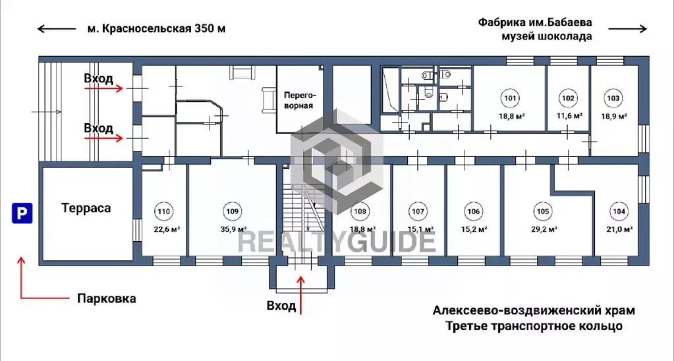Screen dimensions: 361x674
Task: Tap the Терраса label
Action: [86, 208]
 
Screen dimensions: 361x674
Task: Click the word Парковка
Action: [106, 298]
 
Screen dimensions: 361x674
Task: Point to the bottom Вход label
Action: [281, 306]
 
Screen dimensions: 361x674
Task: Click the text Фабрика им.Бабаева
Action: [535, 21]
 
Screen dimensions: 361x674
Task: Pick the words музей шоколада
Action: [546, 36]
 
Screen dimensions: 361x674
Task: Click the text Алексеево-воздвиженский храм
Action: [534, 310]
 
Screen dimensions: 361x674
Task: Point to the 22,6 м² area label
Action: [167, 229]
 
